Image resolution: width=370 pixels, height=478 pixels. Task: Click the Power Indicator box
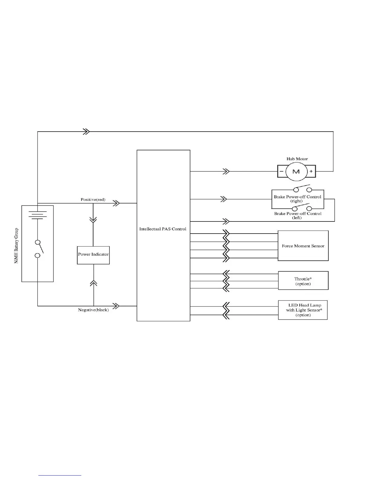pyautogui.click(x=93, y=255)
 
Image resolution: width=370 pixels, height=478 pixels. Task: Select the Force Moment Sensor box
pyautogui.click(x=303, y=246)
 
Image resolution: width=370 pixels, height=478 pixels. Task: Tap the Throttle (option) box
pyautogui.click(x=303, y=281)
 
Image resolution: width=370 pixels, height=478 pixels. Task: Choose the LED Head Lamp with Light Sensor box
pyautogui.click(x=303, y=310)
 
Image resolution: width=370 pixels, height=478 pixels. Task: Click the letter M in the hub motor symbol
pyautogui.click(x=296, y=171)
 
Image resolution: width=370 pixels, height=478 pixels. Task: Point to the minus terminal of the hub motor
pyautogui.click(x=281, y=171)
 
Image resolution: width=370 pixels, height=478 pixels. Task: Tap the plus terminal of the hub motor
pyautogui.click(x=311, y=171)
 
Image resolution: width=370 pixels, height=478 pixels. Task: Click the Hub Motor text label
pyautogui.click(x=297, y=159)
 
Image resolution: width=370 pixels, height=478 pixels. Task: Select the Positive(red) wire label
pyautogui.click(x=93, y=199)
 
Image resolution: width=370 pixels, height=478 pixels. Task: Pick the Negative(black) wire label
pyautogui.click(x=93, y=310)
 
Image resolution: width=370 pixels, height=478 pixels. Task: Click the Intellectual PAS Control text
pyautogui.click(x=163, y=229)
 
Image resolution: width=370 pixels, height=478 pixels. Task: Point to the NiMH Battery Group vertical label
pyautogui.click(x=16, y=246)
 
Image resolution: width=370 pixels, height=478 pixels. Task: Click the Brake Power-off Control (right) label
pyautogui.click(x=297, y=199)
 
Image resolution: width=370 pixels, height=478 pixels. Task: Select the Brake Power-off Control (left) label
pyautogui.click(x=298, y=215)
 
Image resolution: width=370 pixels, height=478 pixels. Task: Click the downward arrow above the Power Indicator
pyautogui.click(x=93, y=219)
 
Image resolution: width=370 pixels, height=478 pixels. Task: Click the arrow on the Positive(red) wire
pyautogui.click(x=116, y=203)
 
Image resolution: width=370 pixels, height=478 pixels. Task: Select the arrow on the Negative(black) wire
pyautogui.click(x=116, y=306)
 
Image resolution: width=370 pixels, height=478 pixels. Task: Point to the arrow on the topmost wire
pyautogui.click(x=86, y=132)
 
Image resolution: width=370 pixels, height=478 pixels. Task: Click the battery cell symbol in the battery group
pyautogui.click(x=37, y=215)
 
